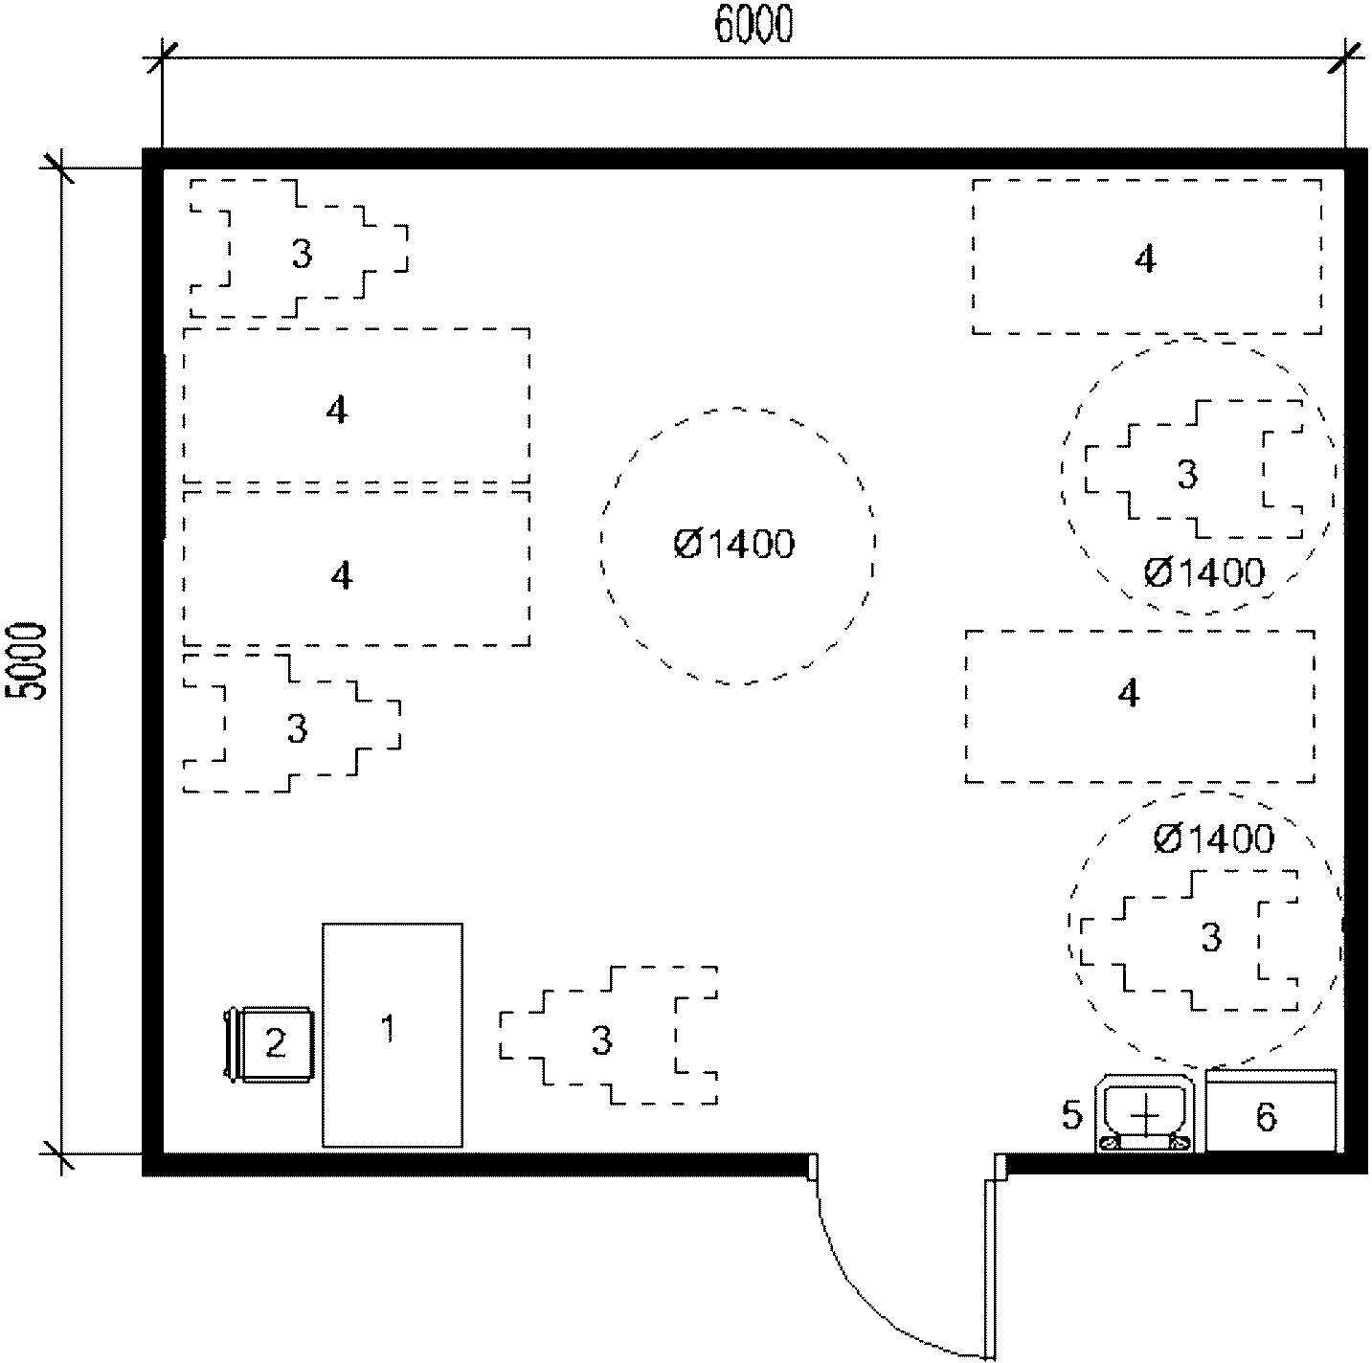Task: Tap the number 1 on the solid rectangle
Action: pyautogui.click(x=388, y=1028)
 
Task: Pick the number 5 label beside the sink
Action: pyautogui.click(x=1071, y=1114)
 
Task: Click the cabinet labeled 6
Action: pyautogui.click(x=1271, y=1110)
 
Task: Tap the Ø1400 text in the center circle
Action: pyautogui.click(x=734, y=544)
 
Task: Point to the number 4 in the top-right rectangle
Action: pyautogui.click(x=1145, y=258)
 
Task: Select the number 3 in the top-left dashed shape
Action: pyautogui.click(x=302, y=254)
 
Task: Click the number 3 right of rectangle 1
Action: pyautogui.click(x=601, y=1040)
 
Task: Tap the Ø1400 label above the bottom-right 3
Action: pyautogui.click(x=1213, y=838)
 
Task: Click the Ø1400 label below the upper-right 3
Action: pyautogui.click(x=1204, y=572)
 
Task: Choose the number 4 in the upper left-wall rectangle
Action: pyautogui.click(x=337, y=411)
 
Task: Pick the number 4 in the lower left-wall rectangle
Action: pyautogui.click(x=342, y=575)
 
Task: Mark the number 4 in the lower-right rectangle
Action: pyautogui.click(x=1129, y=692)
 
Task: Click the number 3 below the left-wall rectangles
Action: pyautogui.click(x=297, y=728)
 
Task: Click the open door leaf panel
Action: pyautogui.click(x=990, y=1267)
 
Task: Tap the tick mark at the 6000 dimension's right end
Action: pyautogui.click(x=1344, y=57)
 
